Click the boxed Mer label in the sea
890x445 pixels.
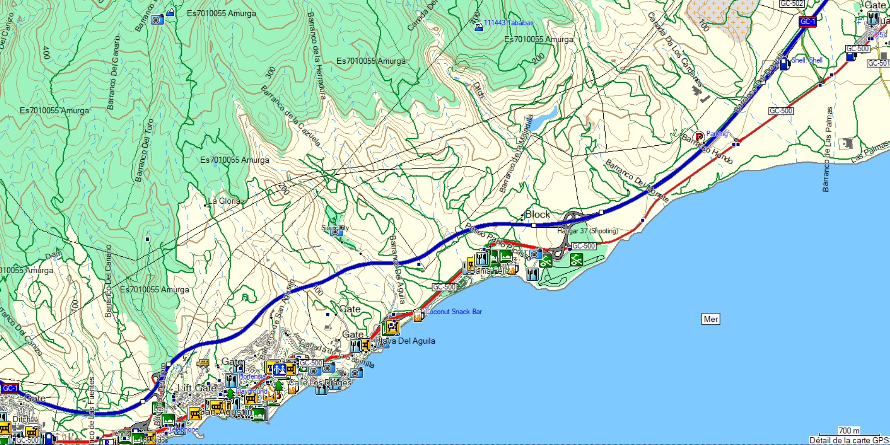click(710, 319)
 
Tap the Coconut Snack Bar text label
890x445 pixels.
click(453, 312)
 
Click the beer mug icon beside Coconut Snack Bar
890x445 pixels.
click(418, 316)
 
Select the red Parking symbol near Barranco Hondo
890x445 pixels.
click(699, 137)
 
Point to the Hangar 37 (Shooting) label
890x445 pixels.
click(587, 231)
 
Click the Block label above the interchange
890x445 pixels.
click(537, 214)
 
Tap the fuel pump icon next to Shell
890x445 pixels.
click(784, 63)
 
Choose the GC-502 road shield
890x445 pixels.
click(792, 3)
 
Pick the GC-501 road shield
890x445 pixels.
click(878, 63)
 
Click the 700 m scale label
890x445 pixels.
click(848, 431)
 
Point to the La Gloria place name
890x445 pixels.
click(223, 201)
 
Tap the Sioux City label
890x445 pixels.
click(335, 227)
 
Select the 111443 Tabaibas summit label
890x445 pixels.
click(508, 23)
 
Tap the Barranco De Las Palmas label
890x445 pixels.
click(828, 150)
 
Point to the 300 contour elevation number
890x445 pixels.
click(271, 72)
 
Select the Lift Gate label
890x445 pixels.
click(196, 388)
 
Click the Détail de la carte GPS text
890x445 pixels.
click(848, 440)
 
